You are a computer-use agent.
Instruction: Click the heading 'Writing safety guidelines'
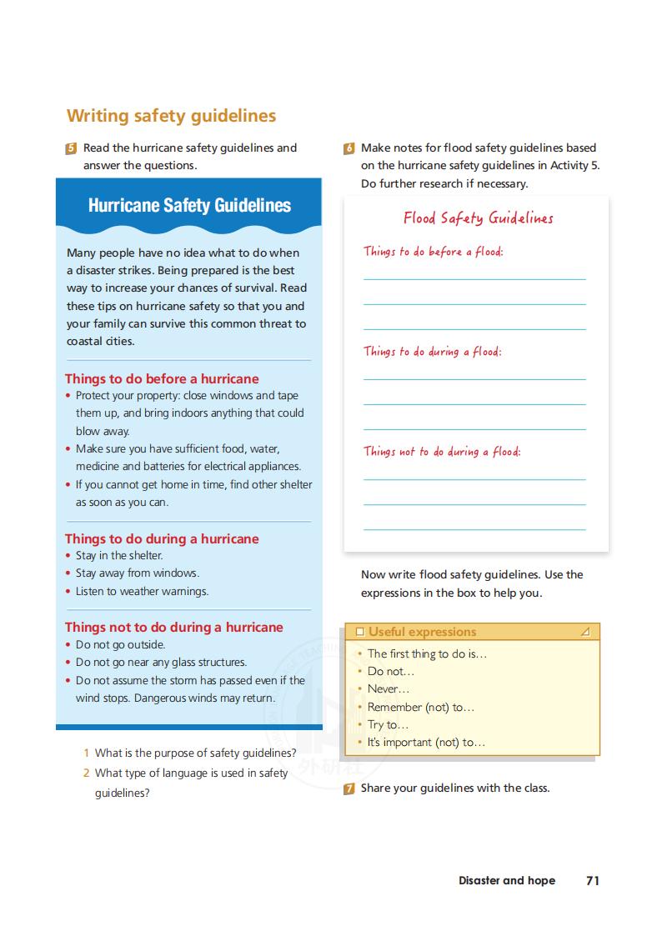tap(171, 116)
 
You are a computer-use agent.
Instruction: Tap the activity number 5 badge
tap(71, 149)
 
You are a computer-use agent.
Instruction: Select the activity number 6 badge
tap(349, 149)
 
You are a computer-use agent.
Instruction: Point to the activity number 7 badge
tap(349, 789)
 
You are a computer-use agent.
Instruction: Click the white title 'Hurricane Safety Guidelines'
tap(189, 205)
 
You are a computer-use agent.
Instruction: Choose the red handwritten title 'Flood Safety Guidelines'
tap(478, 218)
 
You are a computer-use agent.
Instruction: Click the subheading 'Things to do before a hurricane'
tap(162, 378)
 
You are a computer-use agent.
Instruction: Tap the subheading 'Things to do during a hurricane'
tap(162, 538)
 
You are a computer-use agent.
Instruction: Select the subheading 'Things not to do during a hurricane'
tap(173, 627)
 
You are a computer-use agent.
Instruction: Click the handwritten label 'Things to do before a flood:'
tap(433, 251)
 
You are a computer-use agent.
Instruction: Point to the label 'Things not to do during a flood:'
tap(441, 451)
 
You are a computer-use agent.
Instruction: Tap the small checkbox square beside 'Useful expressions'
tap(360, 632)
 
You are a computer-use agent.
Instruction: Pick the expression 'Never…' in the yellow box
tap(389, 689)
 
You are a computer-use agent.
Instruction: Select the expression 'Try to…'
tap(388, 724)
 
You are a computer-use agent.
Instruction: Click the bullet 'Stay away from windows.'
tap(137, 573)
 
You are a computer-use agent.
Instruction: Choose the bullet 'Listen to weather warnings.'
tap(142, 591)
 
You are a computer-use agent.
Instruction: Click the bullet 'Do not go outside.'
tap(120, 644)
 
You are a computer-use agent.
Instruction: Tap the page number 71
tap(593, 880)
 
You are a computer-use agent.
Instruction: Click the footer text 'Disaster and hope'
tap(506, 880)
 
